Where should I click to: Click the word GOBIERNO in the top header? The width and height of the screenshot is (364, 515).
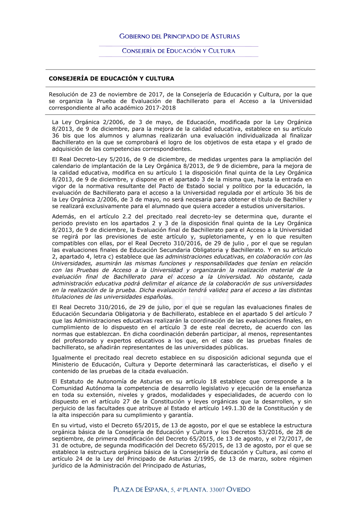tap(135, 36)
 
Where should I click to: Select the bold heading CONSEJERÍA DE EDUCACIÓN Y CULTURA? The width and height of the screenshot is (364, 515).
tap(111, 79)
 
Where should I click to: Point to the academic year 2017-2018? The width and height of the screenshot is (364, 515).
tap(160, 108)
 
